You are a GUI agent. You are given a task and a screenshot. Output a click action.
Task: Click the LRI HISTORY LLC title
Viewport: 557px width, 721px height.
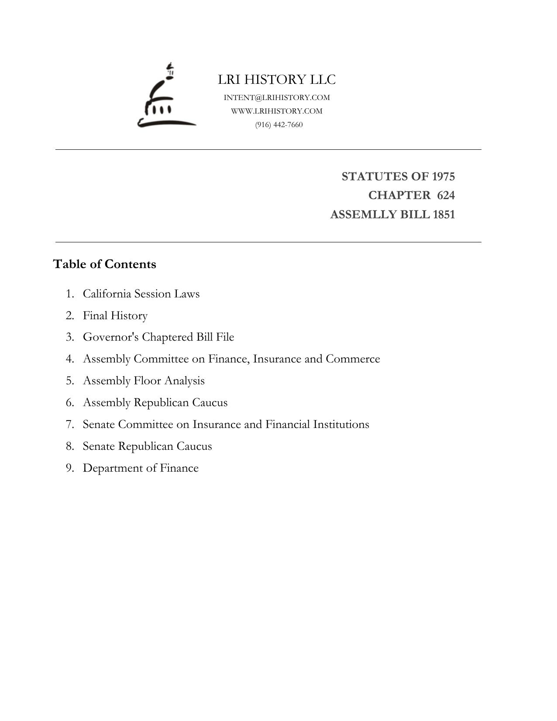coord(277,79)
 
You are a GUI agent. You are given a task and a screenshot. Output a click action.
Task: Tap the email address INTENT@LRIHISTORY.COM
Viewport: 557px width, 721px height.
coord(277,97)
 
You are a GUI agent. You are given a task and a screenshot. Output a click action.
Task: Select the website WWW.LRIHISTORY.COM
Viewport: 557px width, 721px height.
coord(277,111)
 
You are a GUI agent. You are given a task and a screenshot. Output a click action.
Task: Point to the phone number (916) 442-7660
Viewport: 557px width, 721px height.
coord(279,125)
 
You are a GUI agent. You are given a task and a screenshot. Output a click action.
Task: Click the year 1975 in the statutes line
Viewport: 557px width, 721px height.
coord(443,176)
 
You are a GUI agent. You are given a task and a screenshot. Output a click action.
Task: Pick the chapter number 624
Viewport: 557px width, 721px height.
coord(446,195)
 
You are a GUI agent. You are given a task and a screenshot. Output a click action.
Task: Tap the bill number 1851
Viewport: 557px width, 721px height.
coord(444,215)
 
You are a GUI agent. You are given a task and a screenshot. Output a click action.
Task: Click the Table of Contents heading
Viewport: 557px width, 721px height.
coord(104,264)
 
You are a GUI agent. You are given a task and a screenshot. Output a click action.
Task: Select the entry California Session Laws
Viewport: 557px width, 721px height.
coord(141,294)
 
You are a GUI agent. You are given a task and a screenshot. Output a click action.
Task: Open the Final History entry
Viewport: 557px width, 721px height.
coord(115,316)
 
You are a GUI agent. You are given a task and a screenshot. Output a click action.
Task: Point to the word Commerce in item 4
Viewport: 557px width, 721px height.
coord(353,359)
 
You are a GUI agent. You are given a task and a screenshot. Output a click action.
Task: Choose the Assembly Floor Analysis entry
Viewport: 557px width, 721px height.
coord(144,381)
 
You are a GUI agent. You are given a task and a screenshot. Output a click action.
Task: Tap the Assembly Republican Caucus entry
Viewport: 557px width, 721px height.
coord(155,403)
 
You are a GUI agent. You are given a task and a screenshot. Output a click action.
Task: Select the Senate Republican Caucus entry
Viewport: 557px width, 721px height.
coord(147,446)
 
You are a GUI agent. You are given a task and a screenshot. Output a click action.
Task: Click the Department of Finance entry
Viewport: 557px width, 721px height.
coord(141,468)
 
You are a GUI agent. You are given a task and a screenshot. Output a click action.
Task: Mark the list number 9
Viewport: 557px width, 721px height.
coord(69,468)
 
